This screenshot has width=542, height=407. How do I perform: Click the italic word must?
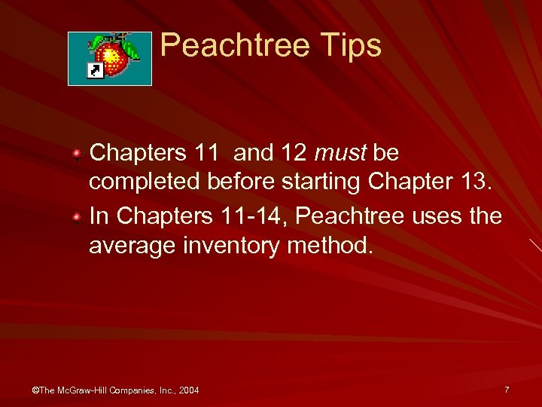340,154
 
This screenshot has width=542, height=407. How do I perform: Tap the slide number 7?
507,390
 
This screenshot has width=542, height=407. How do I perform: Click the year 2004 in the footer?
187,390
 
